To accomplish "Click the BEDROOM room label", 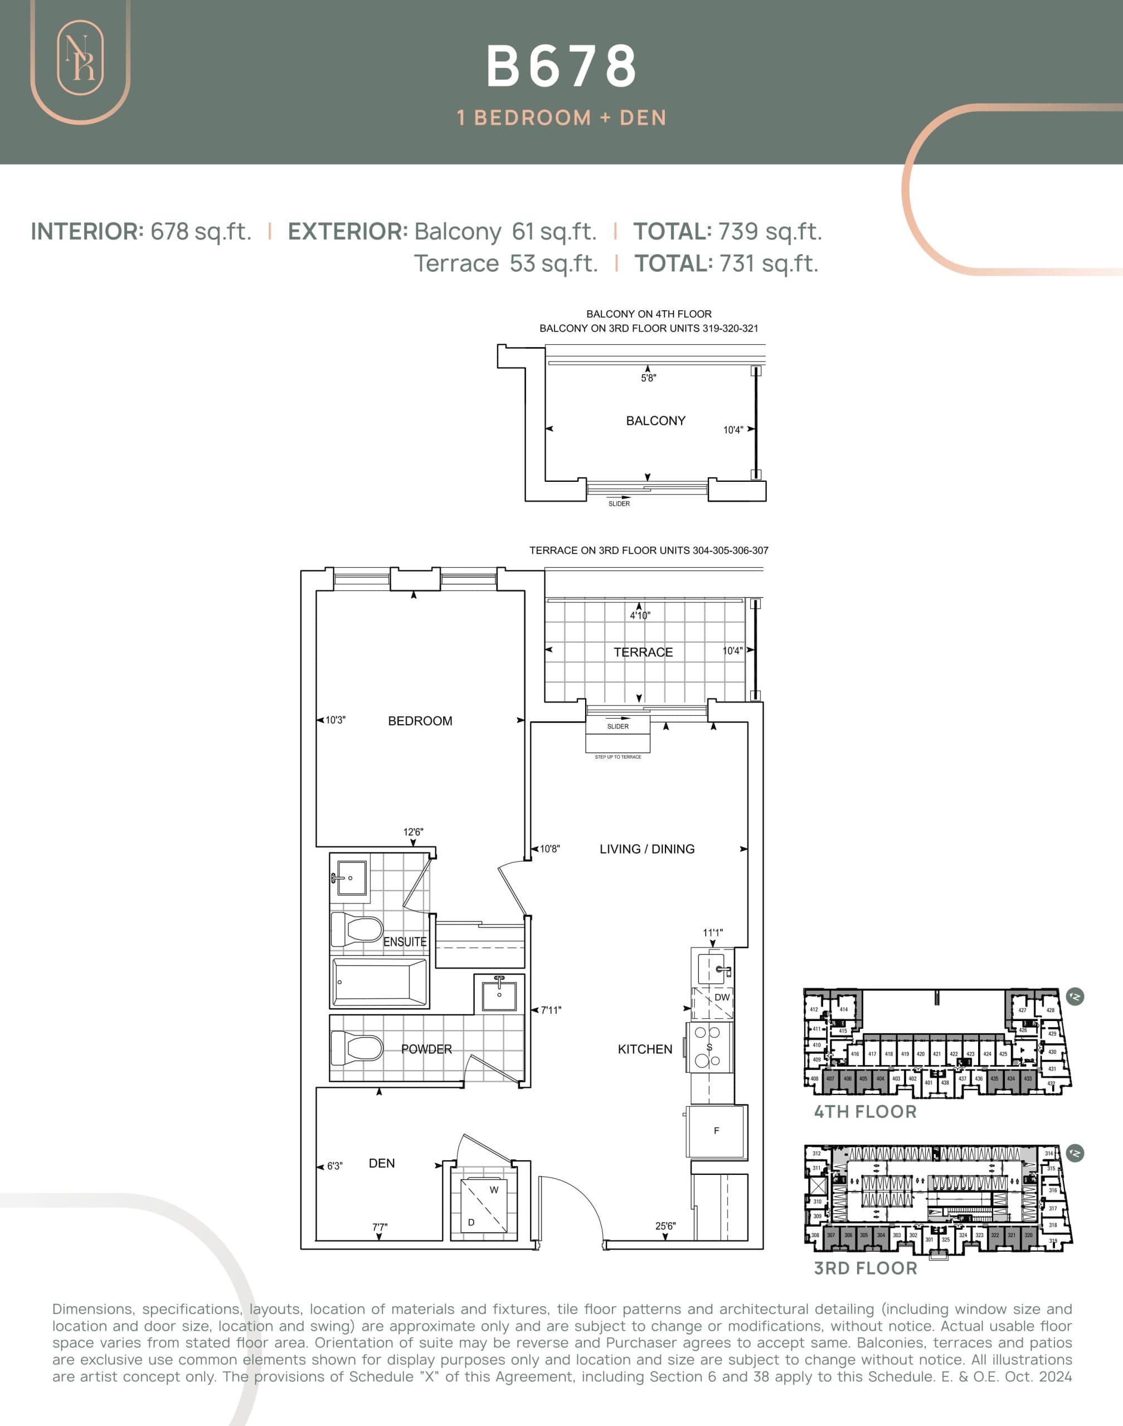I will coord(420,721).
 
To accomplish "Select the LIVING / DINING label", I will coord(646,849).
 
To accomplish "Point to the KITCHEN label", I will coord(644,1049).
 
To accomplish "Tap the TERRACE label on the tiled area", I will coord(643,652).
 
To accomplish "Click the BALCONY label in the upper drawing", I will coord(655,421).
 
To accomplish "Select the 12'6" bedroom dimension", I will coord(413,832).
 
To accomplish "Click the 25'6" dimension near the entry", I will coord(665,1226).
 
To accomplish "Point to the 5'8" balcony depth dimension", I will coord(648,379).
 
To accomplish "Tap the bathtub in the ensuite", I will coord(380,983).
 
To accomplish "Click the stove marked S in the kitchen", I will coord(709,1047).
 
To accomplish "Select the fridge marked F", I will coord(716,1131).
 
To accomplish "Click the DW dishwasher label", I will coord(721,998).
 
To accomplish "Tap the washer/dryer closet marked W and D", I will coord(484,1206).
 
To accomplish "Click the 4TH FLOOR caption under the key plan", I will coord(864,1112).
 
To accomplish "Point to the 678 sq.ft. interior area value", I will coord(201,231).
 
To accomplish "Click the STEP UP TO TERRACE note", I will coord(618,757).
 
